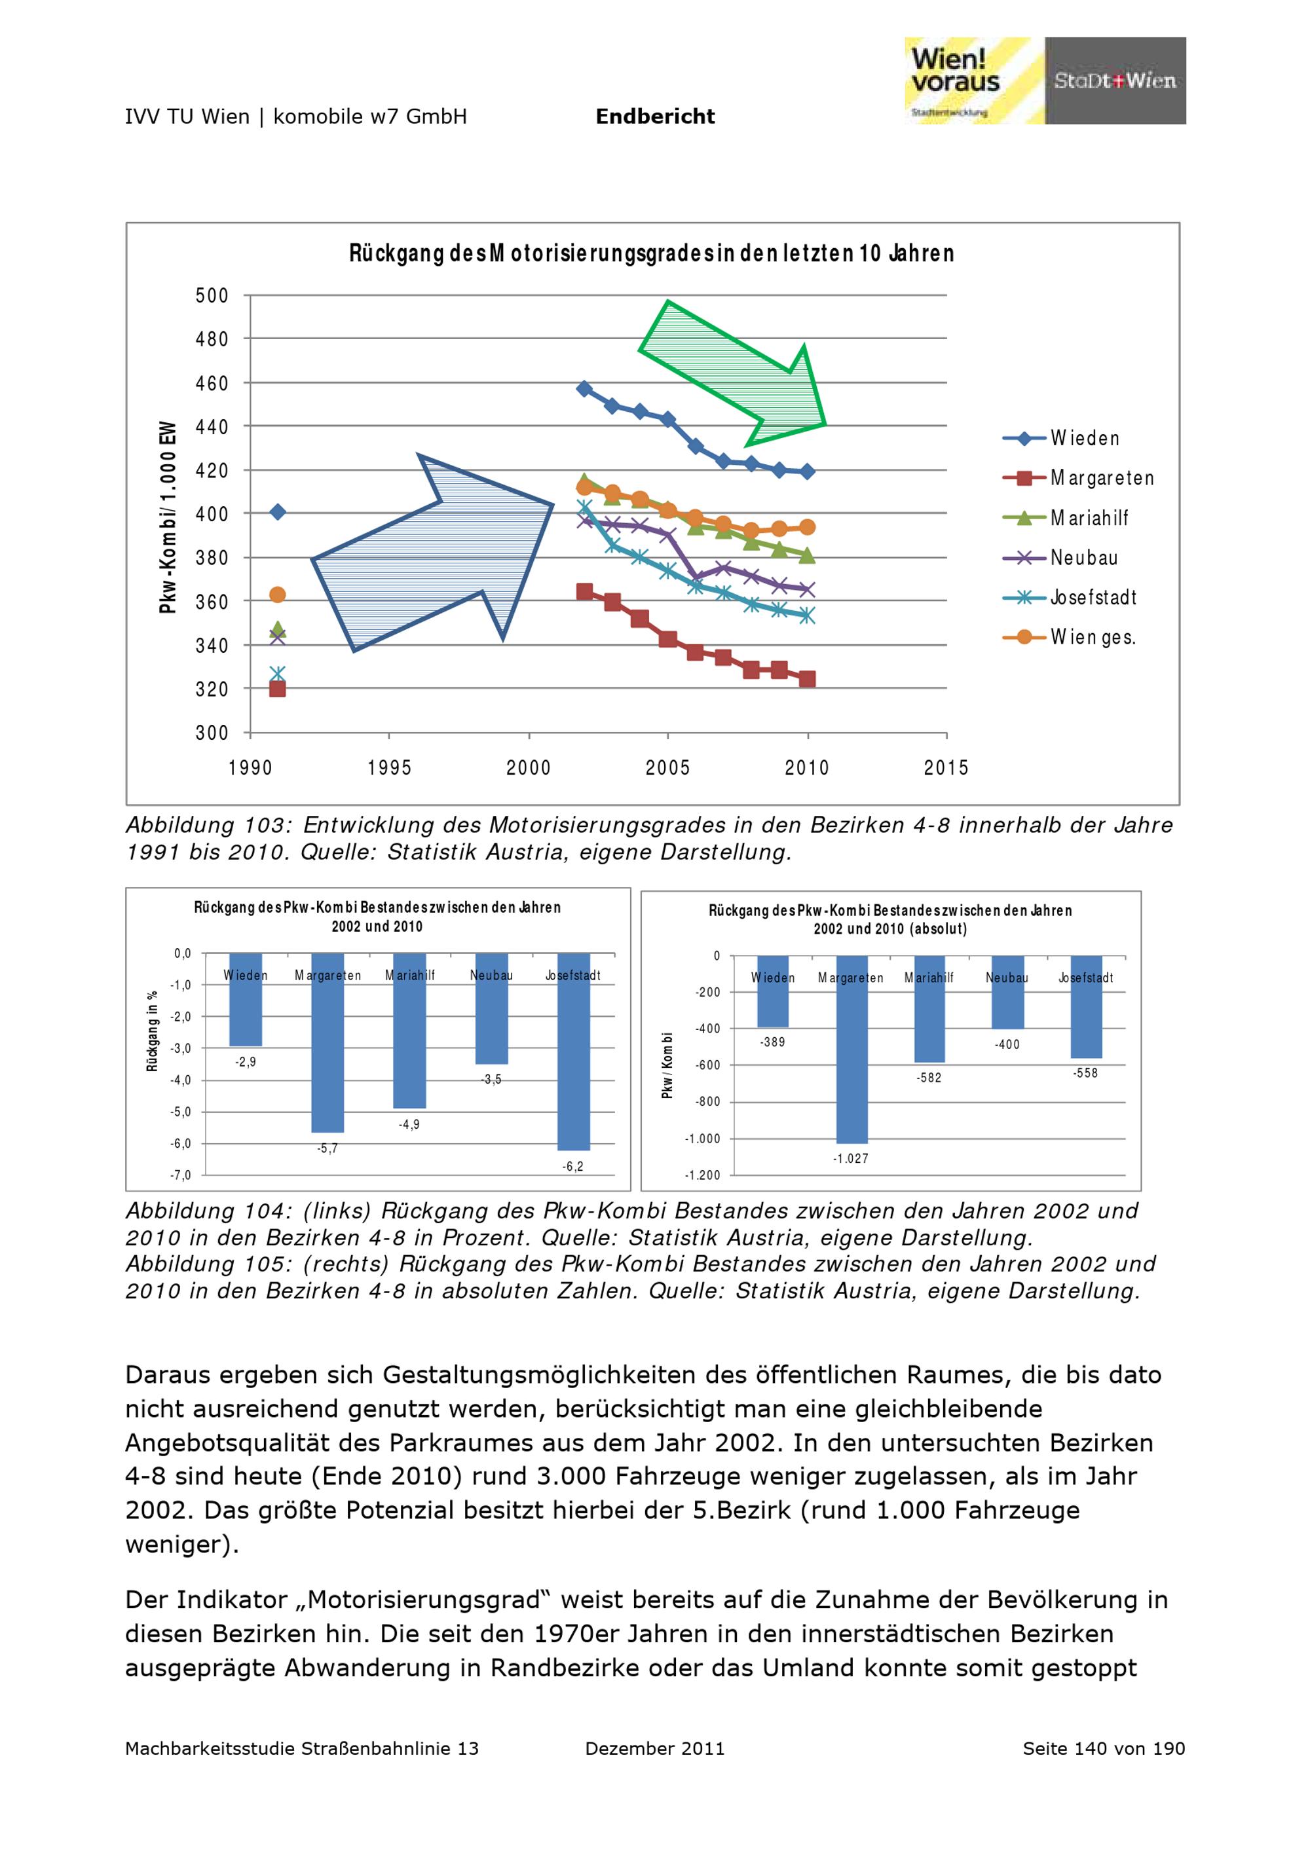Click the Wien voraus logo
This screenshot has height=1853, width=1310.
point(973,80)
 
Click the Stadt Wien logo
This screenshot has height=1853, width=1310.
point(1115,80)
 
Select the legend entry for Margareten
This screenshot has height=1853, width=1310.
point(1102,479)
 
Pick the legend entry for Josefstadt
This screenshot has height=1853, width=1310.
point(1093,598)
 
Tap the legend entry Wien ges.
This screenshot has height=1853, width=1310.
point(1093,638)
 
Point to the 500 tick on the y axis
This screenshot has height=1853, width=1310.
point(212,296)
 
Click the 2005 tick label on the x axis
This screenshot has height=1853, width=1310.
point(667,767)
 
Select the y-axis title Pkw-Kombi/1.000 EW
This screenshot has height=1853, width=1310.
point(168,517)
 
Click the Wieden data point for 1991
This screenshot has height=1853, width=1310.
point(278,511)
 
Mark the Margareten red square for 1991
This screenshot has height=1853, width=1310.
point(278,688)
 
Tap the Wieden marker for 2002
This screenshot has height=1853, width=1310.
point(584,389)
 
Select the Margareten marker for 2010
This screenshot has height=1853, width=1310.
point(807,680)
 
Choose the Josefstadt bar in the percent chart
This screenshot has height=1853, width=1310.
point(573,1052)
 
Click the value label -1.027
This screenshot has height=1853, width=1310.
point(851,1159)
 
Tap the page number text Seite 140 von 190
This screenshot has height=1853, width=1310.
point(1104,1749)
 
